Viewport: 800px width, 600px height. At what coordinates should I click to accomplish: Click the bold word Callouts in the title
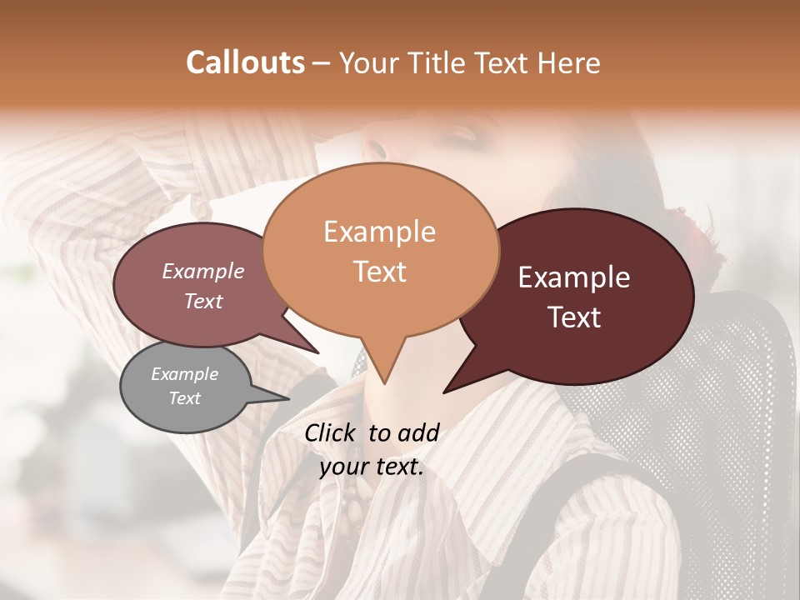click(245, 62)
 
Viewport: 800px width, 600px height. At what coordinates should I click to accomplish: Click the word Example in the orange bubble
click(379, 232)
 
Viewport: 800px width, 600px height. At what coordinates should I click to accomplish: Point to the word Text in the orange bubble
click(380, 272)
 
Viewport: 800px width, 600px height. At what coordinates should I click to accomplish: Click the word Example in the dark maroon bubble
click(574, 277)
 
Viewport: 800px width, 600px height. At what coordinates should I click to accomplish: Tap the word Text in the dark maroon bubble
click(575, 317)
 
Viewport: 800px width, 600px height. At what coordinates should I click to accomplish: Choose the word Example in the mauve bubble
click(203, 271)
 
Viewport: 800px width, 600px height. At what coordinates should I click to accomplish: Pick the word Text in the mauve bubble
click(203, 301)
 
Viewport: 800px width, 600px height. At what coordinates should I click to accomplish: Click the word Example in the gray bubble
click(185, 374)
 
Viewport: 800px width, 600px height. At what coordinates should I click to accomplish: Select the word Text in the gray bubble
click(185, 398)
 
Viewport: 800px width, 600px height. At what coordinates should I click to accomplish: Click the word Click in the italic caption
click(332, 432)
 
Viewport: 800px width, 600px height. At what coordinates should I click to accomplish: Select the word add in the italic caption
click(418, 432)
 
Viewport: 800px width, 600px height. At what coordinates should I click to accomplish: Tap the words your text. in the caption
click(372, 467)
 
